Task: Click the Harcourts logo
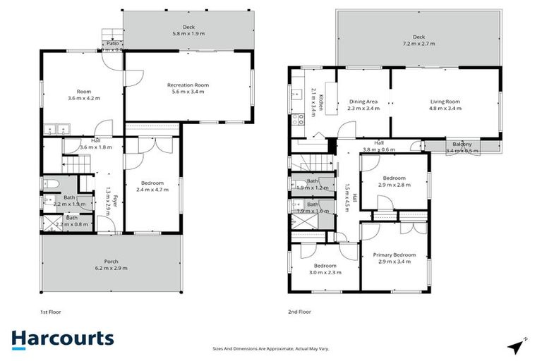tap(62, 338)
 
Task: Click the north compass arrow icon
tap(517, 345)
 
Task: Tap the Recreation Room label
tap(188, 85)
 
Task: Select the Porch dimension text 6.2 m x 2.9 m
tap(111, 269)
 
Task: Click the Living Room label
tap(445, 101)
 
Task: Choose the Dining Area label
tap(364, 101)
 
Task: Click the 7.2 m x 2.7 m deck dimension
tap(419, 44)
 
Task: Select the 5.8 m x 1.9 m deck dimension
tap(188, 33)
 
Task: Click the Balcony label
tap(462, 144)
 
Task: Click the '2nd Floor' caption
tap(299, 310)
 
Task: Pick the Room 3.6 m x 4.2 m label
tap(84, 92)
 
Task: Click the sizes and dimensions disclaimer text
tap(271, 348)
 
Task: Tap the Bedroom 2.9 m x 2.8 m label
tap(394, 178)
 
